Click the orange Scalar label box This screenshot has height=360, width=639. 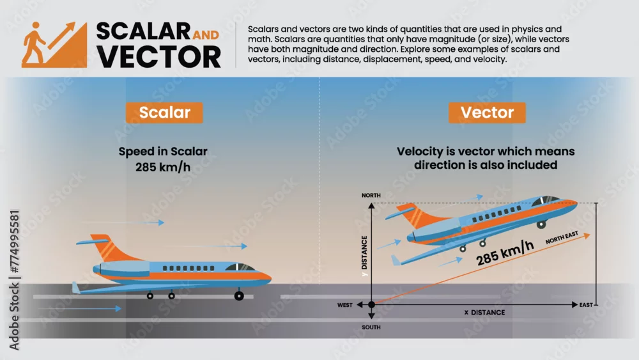pos(164,113)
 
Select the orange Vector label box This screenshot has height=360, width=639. pos(487,113)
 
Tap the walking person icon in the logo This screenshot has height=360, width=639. pos(34,42)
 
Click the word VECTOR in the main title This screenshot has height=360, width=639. pos(159,57)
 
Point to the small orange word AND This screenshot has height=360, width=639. pos(206,35)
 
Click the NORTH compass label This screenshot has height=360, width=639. pos(371,195)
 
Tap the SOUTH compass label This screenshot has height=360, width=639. pos(371,327)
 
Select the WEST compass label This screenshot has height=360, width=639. pos(345,305)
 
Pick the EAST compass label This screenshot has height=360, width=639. pos(586,305)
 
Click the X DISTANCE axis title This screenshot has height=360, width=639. pos(484,312)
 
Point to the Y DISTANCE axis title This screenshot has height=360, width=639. pos(364,256)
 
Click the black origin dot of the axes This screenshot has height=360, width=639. pos(371,304)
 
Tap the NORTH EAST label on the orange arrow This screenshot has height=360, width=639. pos(562,237)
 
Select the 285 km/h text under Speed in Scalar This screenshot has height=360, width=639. pos(163,167)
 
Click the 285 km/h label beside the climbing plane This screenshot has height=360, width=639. pos(505,253)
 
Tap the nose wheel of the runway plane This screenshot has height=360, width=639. pos(239,295)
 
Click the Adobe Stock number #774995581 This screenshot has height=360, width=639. pos(15,241)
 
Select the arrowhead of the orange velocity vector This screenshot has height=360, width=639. pos(587,236)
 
